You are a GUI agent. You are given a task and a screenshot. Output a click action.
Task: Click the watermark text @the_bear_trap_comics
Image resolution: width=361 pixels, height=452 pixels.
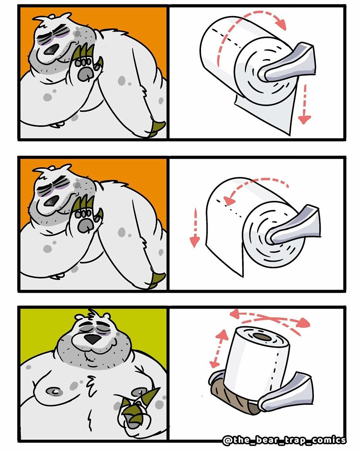tap(284, 440)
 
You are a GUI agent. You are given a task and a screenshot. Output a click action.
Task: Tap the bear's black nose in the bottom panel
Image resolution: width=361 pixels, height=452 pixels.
tap(92, 339)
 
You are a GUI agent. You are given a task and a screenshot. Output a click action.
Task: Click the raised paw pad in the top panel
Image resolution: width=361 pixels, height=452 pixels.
tap(85, 74)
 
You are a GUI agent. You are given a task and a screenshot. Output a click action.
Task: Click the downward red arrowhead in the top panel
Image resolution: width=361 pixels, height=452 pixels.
tap(304, 119)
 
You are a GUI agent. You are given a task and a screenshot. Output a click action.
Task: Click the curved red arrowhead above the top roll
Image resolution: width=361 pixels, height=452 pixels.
tap(281, 24)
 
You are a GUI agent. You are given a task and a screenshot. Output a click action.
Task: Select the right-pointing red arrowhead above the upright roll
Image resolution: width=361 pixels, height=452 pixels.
tap(304, 322)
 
